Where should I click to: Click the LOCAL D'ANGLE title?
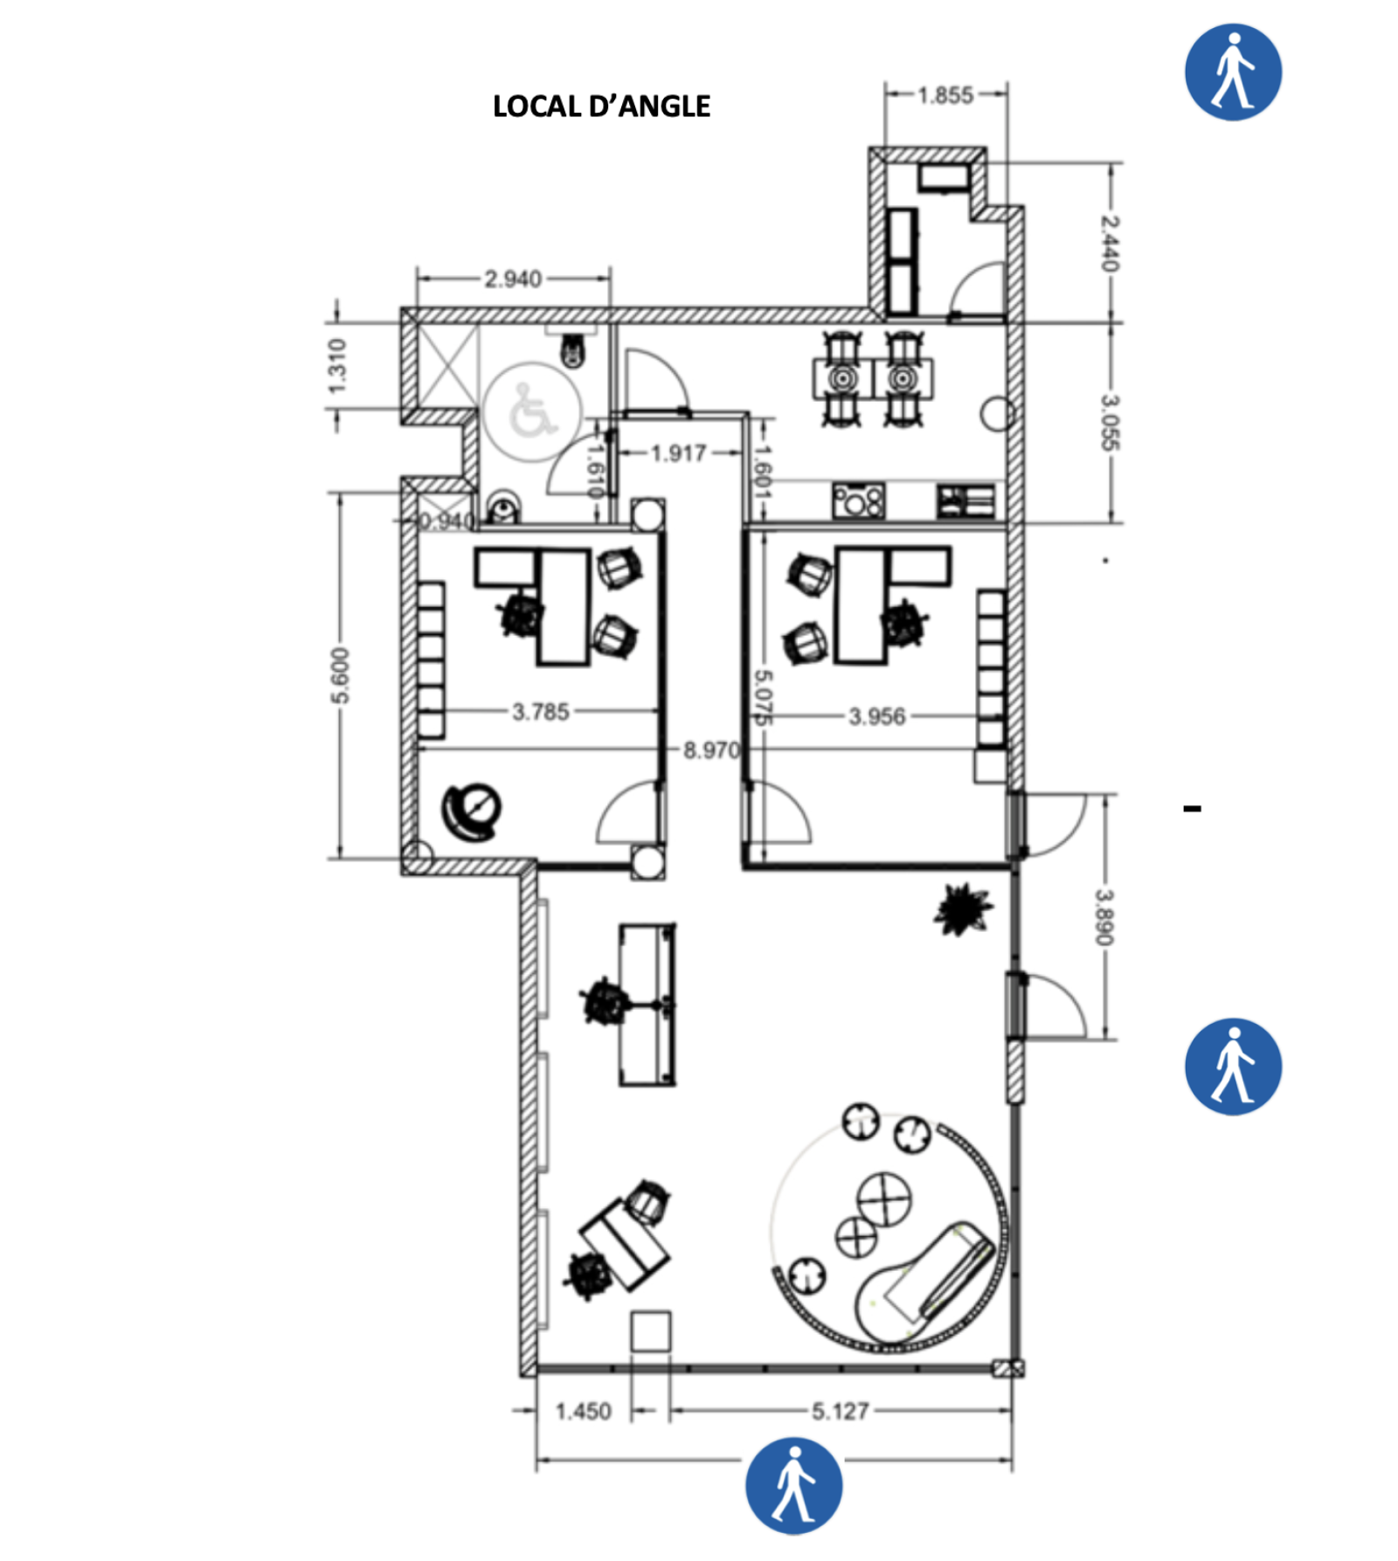point(601,107)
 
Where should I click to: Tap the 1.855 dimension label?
point(945,94)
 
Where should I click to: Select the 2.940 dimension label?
point(513,279)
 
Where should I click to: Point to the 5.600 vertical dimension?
point(340,675)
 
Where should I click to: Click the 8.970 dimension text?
point(710,750)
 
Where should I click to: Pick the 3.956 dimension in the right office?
point(876,716)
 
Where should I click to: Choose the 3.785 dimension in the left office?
point(540,712)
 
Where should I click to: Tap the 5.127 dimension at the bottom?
point(840,1412)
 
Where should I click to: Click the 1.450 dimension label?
point(583,1412)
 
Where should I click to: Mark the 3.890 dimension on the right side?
point(1104,916)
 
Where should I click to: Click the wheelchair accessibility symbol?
point(530,411)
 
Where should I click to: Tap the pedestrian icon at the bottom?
point(793,1487)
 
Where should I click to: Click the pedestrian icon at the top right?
point(1232,72)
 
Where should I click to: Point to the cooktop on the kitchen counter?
point(858,501)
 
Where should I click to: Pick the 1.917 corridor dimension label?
point(678,453)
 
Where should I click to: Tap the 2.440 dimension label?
point(1109,244)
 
